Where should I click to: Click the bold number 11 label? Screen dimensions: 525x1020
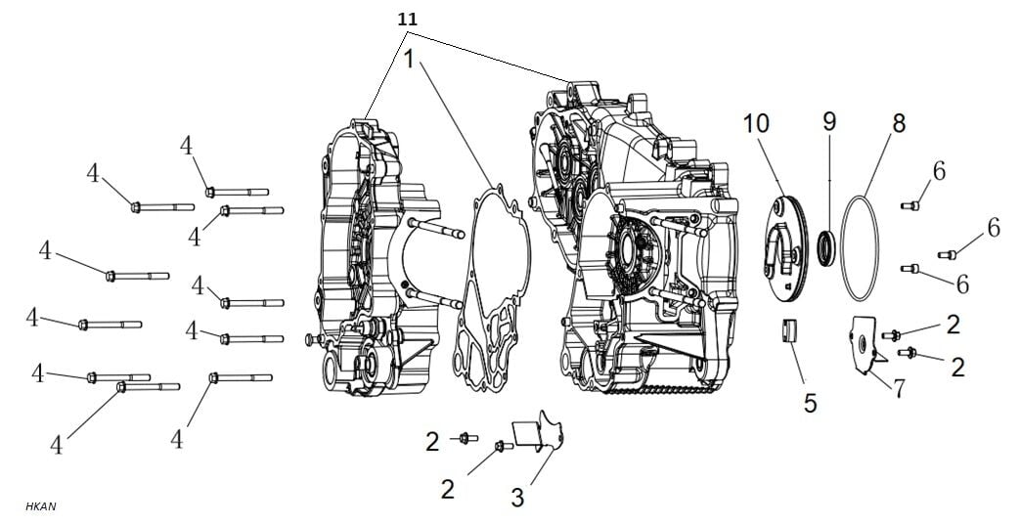[406, 19]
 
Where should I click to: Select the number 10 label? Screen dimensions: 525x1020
[756, 123]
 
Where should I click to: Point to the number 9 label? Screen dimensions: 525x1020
[828, 122]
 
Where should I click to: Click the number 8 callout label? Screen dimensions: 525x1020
[898, 123]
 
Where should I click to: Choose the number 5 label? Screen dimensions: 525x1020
[810, 402]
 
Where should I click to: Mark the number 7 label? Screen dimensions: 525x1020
[898, 387]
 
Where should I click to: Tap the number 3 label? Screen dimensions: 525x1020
[516, 496]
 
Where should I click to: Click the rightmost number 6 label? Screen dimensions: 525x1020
[993, 228]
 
